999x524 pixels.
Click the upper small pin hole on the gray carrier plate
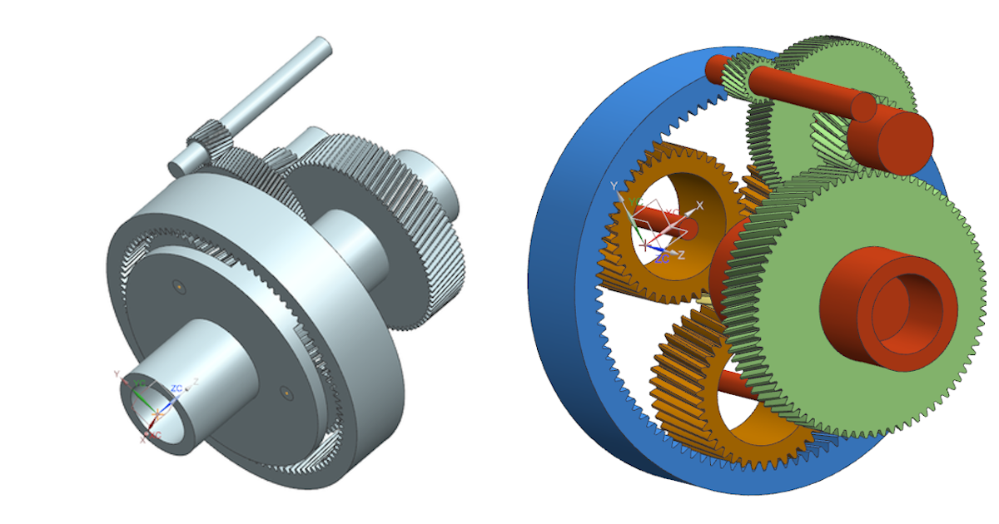(179, 286)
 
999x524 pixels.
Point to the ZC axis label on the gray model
(176, 388)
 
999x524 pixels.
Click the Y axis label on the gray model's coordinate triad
(118, 373)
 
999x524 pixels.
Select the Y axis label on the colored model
(614, 185)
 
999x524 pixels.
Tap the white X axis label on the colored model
(699, 205)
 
